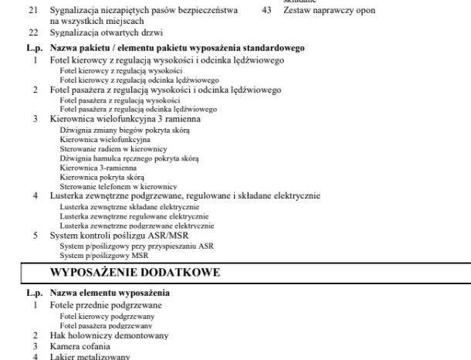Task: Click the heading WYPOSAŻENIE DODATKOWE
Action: point(135,273)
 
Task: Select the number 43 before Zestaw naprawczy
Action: point(268,12)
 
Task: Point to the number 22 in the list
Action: point(32,34)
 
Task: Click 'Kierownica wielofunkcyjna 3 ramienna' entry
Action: point(125,120)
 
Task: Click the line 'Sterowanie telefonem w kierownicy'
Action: point(114,186)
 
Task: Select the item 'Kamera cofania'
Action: point(77,346)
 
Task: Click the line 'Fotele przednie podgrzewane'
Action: point(100,305)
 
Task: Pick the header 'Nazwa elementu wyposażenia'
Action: point(110,294)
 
